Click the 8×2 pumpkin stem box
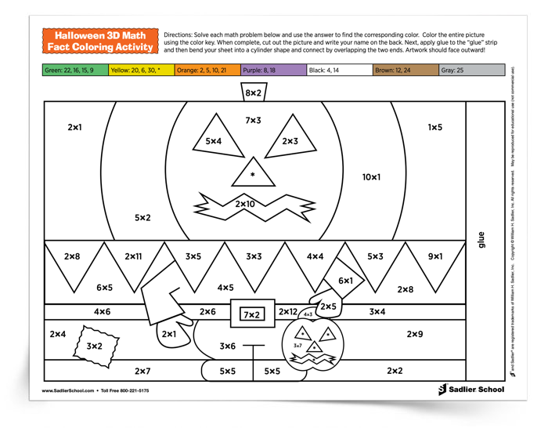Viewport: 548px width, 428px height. [253, 93]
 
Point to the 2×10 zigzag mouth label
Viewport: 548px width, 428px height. [245, 205]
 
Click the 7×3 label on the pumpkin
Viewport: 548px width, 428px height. [253, 120]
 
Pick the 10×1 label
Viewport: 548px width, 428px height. [370, 177]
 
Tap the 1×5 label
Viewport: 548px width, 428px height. [434, 127]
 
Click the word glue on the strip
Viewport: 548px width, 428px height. [481, 238]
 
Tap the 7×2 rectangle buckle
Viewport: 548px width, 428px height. [252, 314]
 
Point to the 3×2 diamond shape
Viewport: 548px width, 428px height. [95, 344]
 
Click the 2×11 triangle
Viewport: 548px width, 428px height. [133, 256]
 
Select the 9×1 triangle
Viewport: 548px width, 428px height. [435, 256]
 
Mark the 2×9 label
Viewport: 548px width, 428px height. [415, 335]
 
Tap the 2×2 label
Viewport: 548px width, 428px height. [395, 371]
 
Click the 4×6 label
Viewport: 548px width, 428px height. [102, 312]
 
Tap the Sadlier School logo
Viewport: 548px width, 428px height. [471, 389]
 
